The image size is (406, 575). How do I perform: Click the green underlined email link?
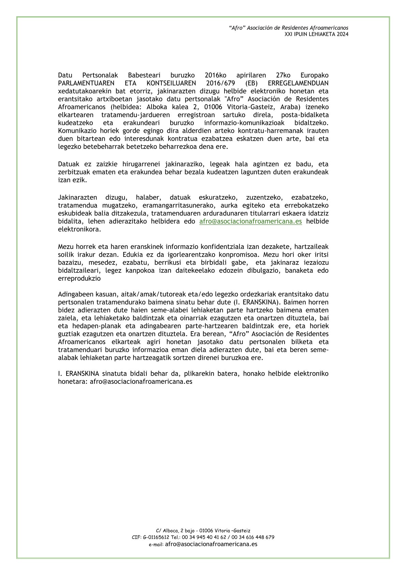250,222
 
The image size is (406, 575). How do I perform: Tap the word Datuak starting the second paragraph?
69,164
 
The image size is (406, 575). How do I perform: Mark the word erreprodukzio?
79,278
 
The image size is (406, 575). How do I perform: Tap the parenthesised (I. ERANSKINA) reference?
256,302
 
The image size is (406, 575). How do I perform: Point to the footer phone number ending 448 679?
252,537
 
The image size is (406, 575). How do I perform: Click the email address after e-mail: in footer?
211,544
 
